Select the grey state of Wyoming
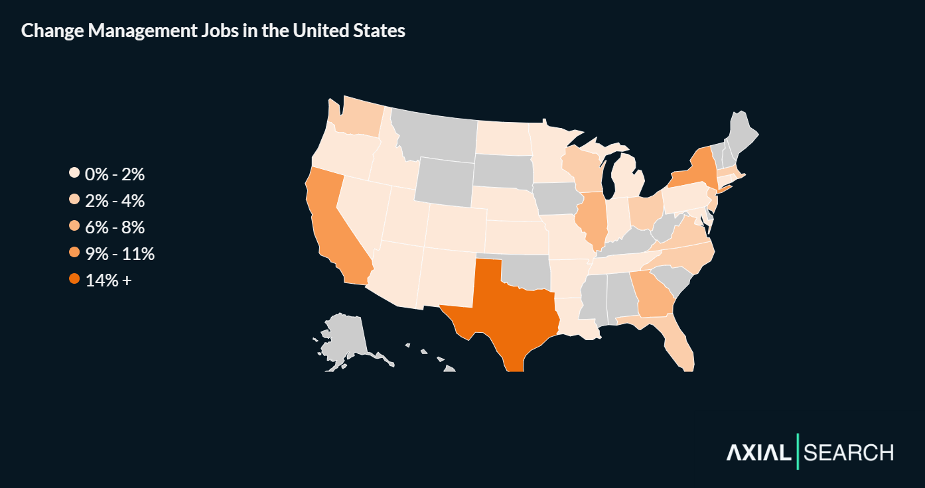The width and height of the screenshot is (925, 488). click(444, 180)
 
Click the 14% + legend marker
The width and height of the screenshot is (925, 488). click(74, 280)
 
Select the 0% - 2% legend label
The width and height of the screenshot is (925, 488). click(115, 174)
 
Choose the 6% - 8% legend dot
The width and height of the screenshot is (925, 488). click(74, 227)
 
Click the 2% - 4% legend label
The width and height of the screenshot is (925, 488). click(115, 201)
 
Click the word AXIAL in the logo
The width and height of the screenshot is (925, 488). click(758, 453)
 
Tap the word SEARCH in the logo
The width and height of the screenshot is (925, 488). click(848, 453)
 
